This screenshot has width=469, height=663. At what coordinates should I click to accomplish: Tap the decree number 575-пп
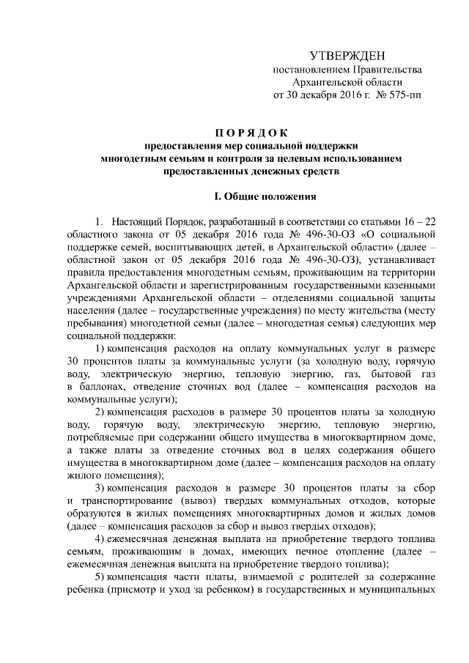pyautogui.click(x=405, y=95)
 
